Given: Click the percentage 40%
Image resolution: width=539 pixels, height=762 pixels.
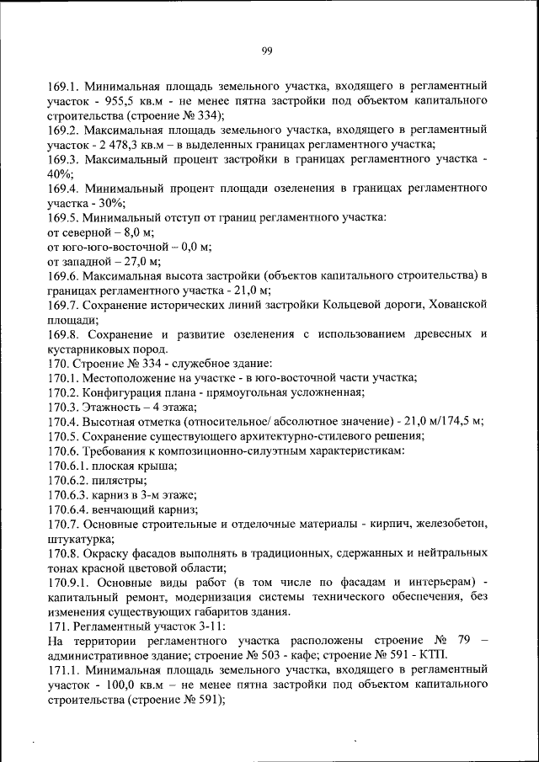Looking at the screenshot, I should tap(60, 173).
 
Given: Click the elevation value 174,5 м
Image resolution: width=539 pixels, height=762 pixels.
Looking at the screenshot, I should tap(462, 421).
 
